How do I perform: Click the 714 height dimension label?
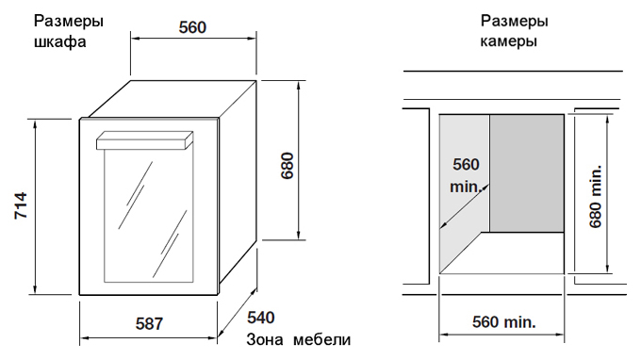pyautogui.click(x=21, y=205)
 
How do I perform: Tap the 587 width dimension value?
pyautogui.click(x=149, y=323)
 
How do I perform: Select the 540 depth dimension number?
pyautogui.click(x=261, y=318)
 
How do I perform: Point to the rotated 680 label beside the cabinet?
pyautogui.click(x=288, y=166)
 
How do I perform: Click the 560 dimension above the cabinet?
pyautogui.click(x=192, y=27)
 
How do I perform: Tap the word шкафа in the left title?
pyautogui.click(x=59, y=42)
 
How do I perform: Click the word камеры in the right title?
pyautogui.click(x=508, y=41)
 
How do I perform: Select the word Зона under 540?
pyautogui.click(x=265, y=339)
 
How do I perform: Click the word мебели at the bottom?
pyautogui.click(x=322, y=339)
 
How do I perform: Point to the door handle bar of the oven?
pyautogui.click(x=145, y=140)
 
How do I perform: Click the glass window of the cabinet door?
pyautogui.click(x=148, y=216)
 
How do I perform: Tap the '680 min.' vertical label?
pyautogui.click(x=596, y=196)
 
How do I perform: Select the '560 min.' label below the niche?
pyautogui.click(x=504, y=322)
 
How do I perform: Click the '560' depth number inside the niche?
pyautogui.click(x=466, y=164)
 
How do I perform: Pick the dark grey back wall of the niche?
pyautogui.click(x=527, y=173)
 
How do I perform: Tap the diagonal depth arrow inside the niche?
pyautogui.click(x=465, y=206)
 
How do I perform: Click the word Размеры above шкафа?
pyautogui.click(x=68, y=21)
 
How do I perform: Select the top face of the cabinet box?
pyautogui.click(x=173, y=99)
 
